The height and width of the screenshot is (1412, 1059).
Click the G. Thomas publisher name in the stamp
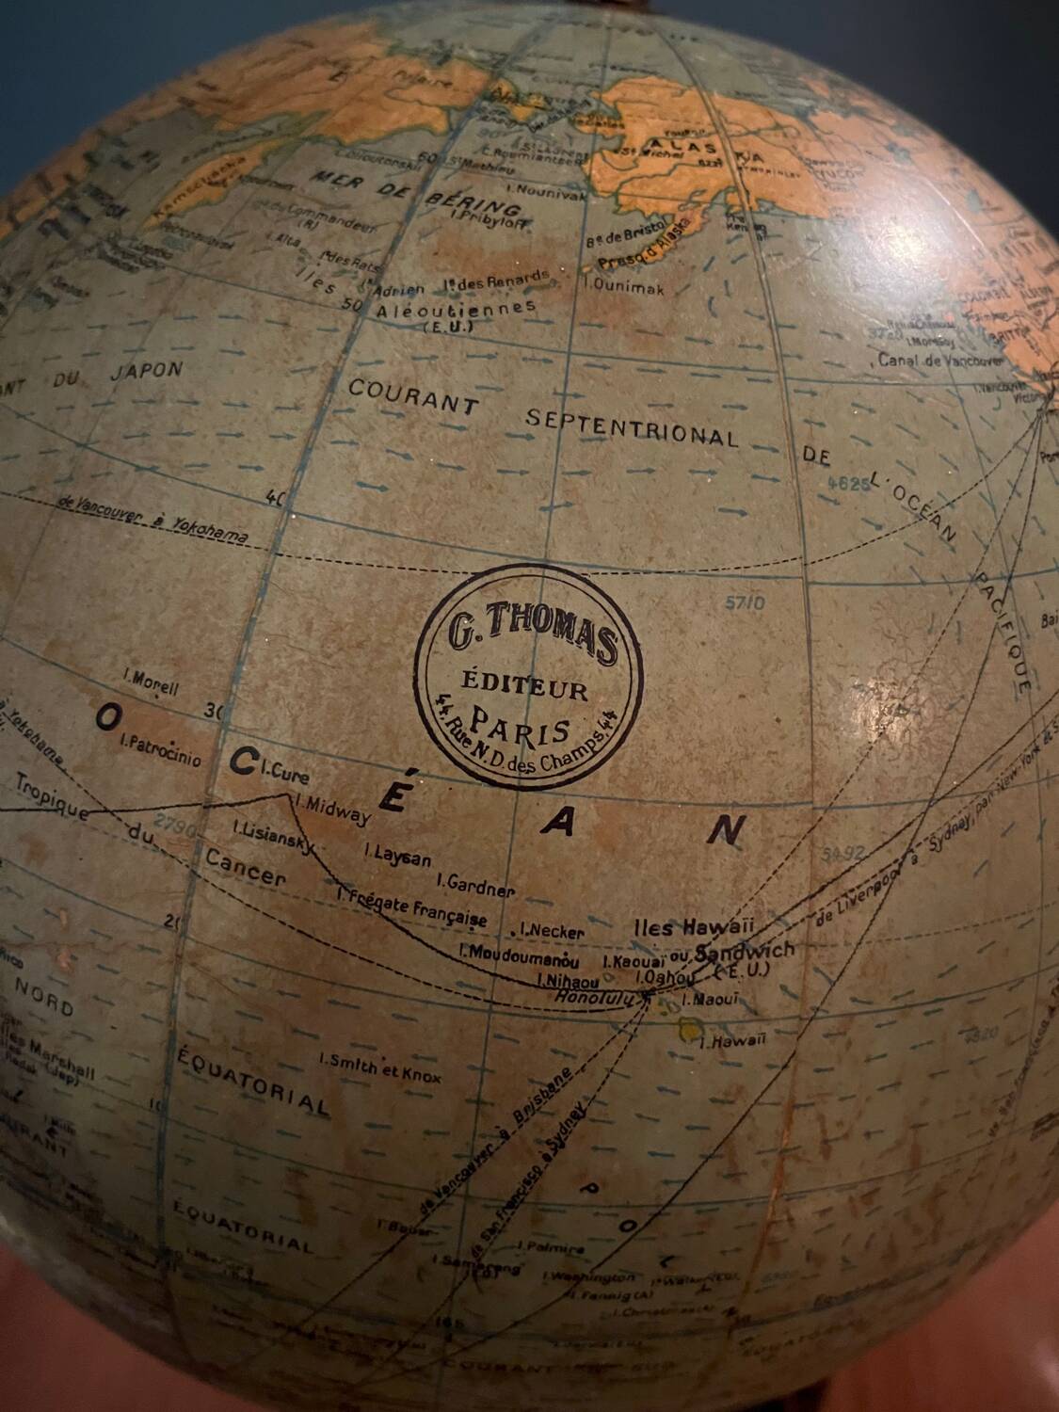[533, 636]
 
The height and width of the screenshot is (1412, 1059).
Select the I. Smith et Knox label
[379, 1067]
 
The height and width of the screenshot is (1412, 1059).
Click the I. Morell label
[151, 681]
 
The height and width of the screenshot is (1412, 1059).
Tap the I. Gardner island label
[475, 885]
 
